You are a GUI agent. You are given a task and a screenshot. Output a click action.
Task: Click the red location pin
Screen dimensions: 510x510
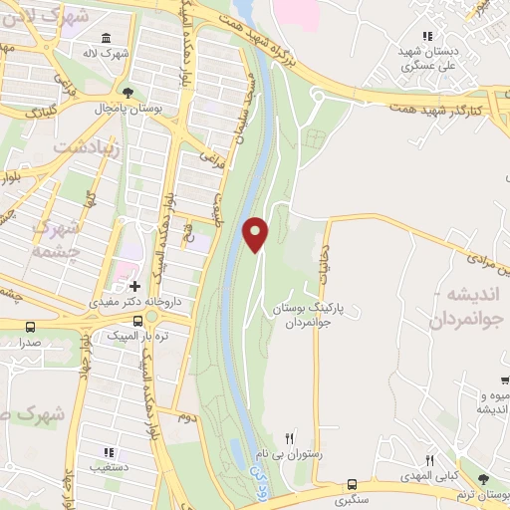(x=256, y=233)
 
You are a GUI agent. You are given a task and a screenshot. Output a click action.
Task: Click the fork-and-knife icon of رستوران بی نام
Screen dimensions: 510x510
(x=290, y=437)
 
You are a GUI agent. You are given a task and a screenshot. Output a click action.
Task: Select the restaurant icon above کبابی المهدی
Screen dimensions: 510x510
(x=430, y=460)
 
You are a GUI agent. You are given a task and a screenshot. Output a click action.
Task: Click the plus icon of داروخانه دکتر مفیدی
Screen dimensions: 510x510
(x=134, y=285)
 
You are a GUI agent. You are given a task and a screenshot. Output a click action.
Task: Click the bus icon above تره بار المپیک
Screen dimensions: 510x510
(x=150, y=319)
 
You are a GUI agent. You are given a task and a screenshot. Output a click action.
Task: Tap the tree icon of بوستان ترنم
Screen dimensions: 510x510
(x=483, y=480)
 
